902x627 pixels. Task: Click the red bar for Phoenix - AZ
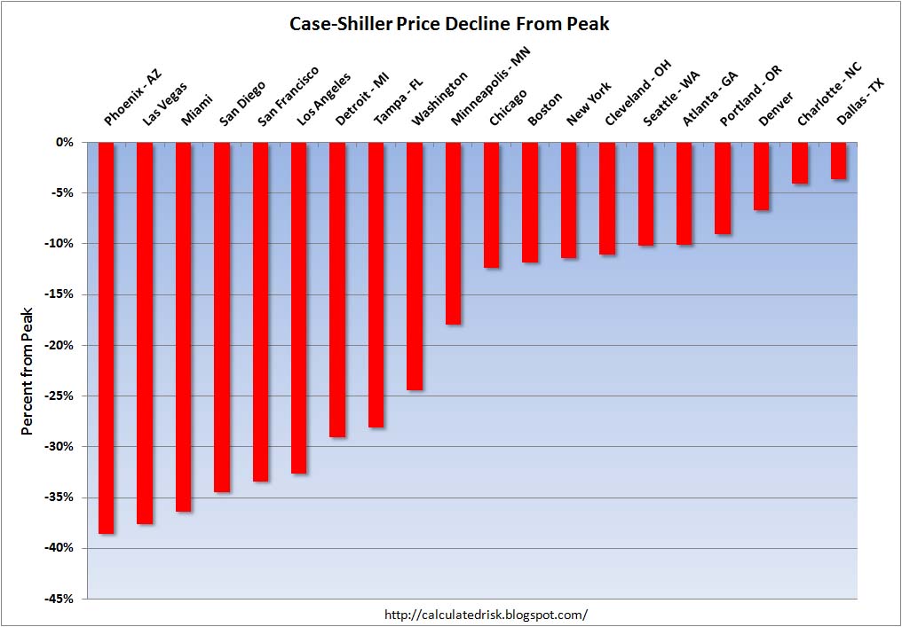point(106,337)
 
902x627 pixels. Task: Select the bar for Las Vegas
point(145,333)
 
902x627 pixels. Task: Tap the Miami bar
point(183,326)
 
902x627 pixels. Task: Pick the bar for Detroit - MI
point(337,289)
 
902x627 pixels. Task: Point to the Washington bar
point(415,266)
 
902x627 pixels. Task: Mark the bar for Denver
point(761,176)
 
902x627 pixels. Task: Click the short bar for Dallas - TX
point(838,161)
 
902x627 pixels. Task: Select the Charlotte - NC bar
point(800,162)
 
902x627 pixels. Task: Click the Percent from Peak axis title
point(28,370)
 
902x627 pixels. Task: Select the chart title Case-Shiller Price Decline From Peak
point(449,24)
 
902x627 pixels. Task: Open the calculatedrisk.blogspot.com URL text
point(486,614)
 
